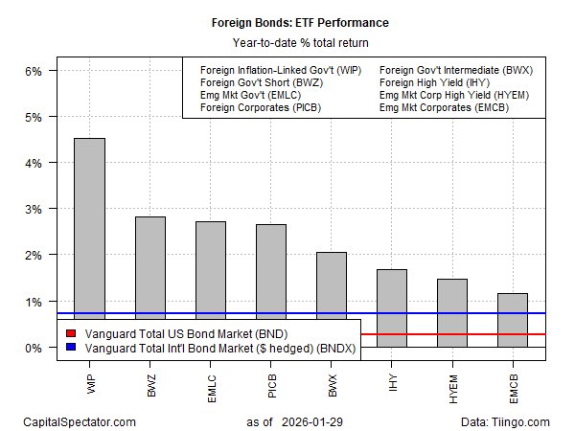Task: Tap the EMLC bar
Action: click(210, 284)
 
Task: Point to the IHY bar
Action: click(391, 307)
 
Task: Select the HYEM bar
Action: click(451, 312)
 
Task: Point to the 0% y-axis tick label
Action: click(34, 348)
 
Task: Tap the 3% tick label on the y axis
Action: click(34, 210)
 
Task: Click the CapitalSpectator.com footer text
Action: click(80, 421)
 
